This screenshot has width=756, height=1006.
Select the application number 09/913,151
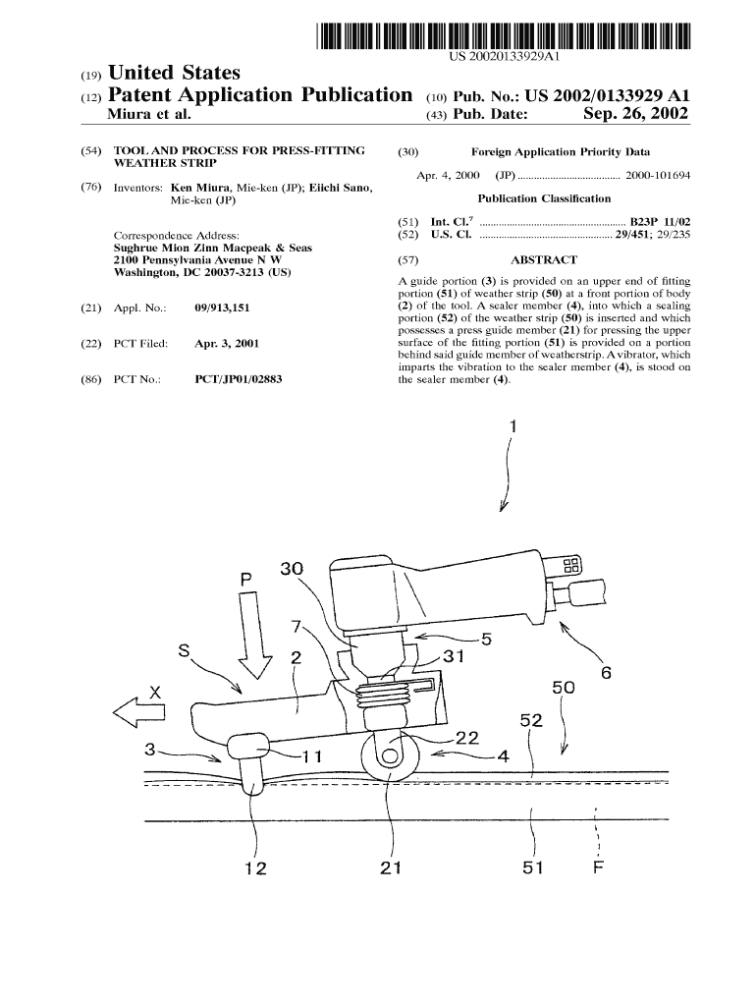[222, 307]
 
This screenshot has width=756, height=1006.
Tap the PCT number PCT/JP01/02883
[239, 378]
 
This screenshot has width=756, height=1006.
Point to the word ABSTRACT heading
[544, 260]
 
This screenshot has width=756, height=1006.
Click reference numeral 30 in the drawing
[292, 569]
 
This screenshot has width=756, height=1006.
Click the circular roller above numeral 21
[386, 755]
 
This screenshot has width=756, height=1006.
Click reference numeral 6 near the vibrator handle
[606, 673]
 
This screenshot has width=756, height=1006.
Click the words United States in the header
[174, 73]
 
